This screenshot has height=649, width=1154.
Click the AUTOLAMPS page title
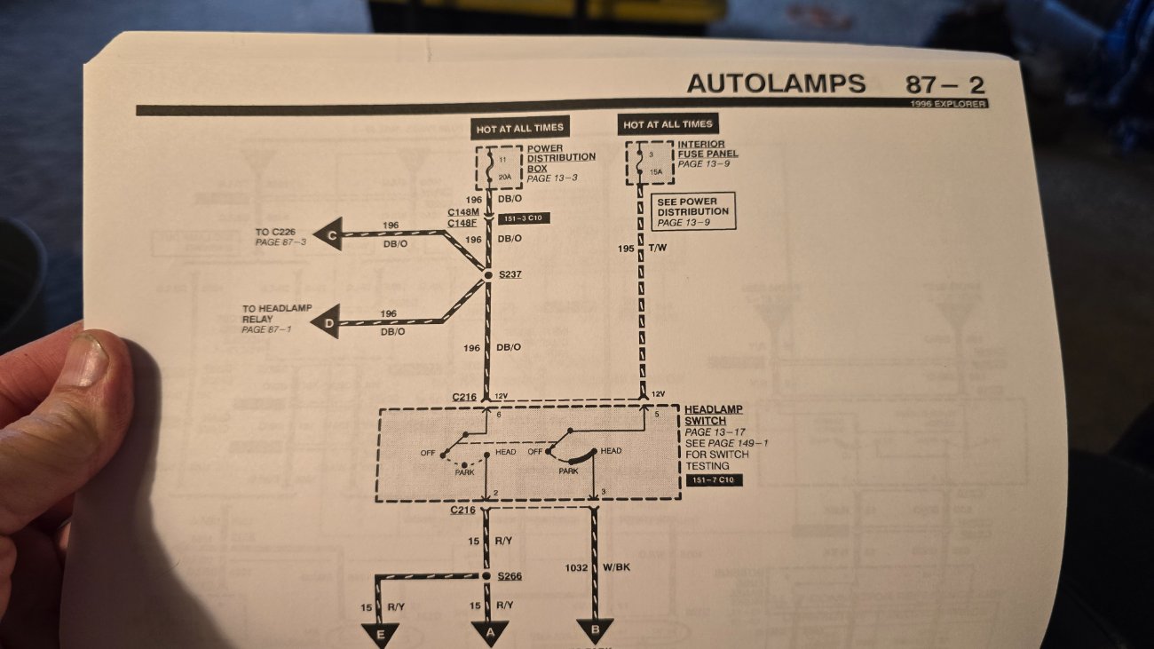tap(775, 83)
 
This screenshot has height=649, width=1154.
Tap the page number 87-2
tap(945, 85)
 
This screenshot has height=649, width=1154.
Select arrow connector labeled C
tap(331, 235)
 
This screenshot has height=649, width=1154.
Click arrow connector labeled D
tap(328, 326)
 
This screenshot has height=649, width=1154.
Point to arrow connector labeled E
tap(379, 633)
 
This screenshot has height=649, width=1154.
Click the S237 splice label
tap(510, 274)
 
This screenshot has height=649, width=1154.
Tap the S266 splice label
tap(510, 576)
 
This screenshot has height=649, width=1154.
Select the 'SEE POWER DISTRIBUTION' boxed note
tap(693, 212)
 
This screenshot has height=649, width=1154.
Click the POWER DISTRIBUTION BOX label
tap(561, 158)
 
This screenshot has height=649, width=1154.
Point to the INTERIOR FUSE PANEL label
tap(707, 149)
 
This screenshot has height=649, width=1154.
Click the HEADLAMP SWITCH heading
tap(713, 415)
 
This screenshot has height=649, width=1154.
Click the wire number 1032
tap(577, 567)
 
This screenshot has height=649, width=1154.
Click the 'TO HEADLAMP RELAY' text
tap(276, 314)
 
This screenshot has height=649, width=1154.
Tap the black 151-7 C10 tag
tap(715, 480)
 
